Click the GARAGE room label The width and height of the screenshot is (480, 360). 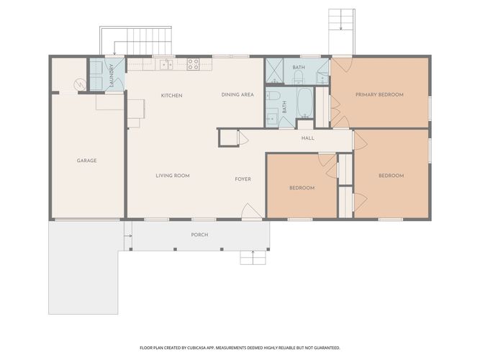click(86, 161)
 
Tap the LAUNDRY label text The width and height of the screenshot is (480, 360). click(112, 76)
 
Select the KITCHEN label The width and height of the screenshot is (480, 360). click(172, 96)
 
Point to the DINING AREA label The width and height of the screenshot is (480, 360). click(237, 94)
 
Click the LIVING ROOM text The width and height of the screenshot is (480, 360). click(173, 176)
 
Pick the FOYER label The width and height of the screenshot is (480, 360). click(243, 179)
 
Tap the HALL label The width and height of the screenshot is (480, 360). click(308, 138)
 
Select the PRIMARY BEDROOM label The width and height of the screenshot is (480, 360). click(379, 94)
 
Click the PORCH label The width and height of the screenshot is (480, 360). click(199, 235)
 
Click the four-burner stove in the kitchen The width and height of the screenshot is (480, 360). click(193, 64)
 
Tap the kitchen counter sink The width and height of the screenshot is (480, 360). click(166, 65)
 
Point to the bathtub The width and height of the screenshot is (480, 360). click(304, 103)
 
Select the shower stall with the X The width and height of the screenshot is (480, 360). click(274, 71)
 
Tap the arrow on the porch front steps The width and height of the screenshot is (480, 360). click(253, 253)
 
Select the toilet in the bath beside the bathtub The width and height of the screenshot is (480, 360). click(273, 96)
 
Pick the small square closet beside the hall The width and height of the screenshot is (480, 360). click(228, 138)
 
